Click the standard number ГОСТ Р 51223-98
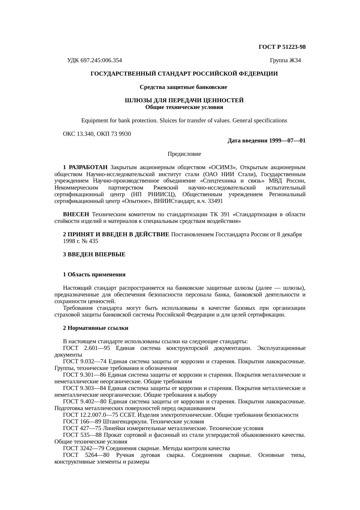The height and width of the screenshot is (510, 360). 282,47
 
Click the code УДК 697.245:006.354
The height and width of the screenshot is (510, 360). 94,60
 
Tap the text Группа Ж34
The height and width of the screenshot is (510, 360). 285,60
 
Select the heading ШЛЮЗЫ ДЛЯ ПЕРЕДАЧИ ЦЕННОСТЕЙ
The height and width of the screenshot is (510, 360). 184,101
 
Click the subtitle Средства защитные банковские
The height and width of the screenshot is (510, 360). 183,87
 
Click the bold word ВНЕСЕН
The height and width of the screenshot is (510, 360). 76,214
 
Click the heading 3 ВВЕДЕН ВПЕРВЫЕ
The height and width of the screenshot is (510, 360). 94,255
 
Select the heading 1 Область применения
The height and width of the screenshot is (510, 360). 94,275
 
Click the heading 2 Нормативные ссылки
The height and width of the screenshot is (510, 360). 96,328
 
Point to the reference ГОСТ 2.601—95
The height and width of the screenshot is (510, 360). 87,348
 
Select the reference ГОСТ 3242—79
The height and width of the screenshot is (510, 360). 84,448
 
